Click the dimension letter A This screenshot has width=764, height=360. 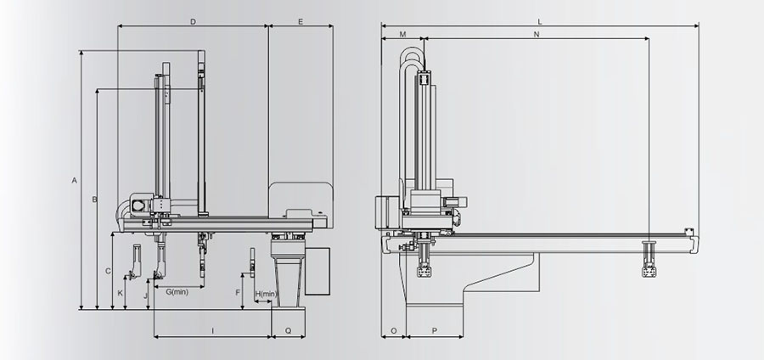click(75, 180)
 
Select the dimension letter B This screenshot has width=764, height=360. click(95, 199)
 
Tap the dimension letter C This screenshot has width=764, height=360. click(108, 271)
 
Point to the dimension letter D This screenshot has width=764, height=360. click(193, 21)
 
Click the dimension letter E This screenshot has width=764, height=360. click(301, 21)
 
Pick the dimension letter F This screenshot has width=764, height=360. click(238, 292)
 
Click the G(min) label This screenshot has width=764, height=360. click(177, 292)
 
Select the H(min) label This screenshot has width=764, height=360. click(266, 294)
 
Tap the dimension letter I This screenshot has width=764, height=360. click(212, 331)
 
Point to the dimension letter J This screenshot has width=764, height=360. click(145, 295)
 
